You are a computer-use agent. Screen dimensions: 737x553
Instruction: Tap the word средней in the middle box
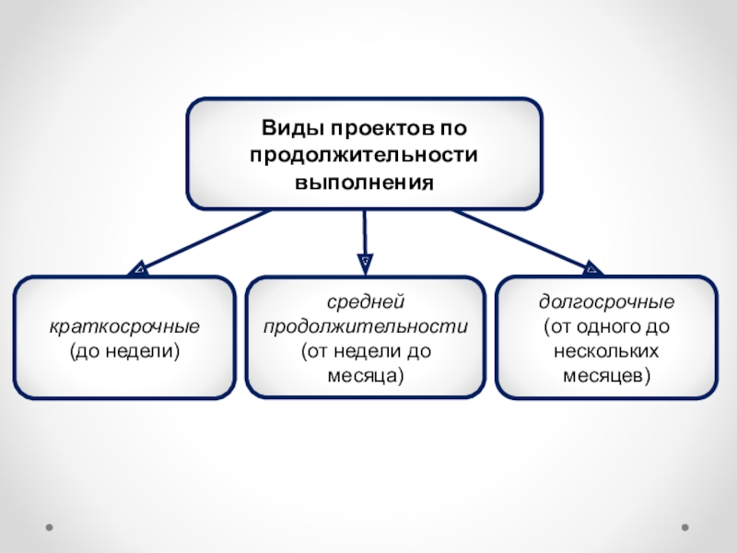click(x=366, y=302)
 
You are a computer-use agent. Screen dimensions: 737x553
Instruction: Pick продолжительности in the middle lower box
click(x=366, y=326)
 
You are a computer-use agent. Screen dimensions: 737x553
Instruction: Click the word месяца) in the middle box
click(x=366, y=375)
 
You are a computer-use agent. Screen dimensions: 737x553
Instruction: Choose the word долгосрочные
click(x=606, y=302)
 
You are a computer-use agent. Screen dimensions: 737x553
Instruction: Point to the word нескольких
click(x=606, y=351)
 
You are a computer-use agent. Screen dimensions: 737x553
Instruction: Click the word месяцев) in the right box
click(x=606, y=375)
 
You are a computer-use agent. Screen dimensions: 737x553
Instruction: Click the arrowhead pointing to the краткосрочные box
click(x=138, y=268)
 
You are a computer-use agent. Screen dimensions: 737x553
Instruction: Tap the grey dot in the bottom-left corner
click(x=50, y=528)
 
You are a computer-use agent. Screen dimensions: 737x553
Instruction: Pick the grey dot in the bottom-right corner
click(x=684, y=528)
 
